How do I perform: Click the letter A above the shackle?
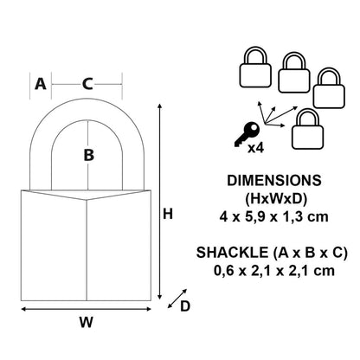[39, 84]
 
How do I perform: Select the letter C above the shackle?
[87, 84]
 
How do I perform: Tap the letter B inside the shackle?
[87, 156]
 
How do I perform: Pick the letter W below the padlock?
[87, 323]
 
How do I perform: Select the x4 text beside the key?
[256, 148]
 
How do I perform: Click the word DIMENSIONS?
[273, 183]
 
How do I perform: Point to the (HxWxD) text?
[273, 198]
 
